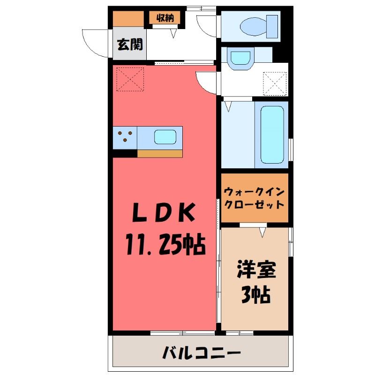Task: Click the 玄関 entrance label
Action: [130, 44]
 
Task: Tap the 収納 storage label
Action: [165, 18]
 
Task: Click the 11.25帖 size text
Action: [166, 244]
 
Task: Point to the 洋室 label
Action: [256, 270]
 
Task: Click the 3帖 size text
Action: [255, 295]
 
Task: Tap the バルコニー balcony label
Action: [202, 353]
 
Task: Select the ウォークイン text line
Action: [254, 192]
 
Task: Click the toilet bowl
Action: [253, 26]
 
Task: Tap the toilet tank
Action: [272, 26]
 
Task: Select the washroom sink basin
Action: [240, 58]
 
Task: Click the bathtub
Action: [272, 135]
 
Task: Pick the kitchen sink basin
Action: [165, 137]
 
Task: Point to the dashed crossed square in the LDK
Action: [130, 79]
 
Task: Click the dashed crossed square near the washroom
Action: [275, 84]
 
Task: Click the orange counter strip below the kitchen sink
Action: [160, 154]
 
